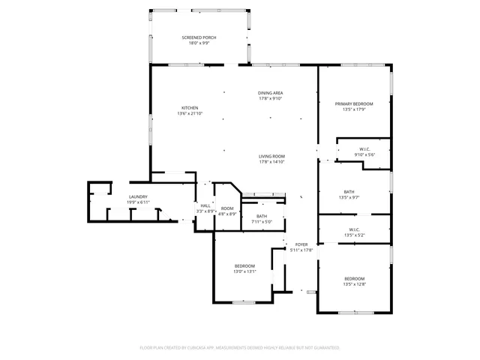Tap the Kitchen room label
(x=190, y=108)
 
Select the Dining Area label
(x=271, y=93)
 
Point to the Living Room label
(x=271, y=156)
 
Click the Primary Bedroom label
(x=353, y=104)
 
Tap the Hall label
(x=205, y=206)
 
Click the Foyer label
(x=301, y=244)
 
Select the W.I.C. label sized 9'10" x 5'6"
(x=364, y=149)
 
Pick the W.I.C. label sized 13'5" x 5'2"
(x=354, y=229)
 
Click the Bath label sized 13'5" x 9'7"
(x=349, y=192)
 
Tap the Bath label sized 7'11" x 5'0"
(x=261, y=216)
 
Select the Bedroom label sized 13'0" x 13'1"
(x=245, y=266)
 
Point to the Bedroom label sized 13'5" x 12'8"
(x=354, y=279)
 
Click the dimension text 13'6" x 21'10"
(x=190, y=113)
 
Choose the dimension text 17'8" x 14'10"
(x=271, y=161)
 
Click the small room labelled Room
(x=227, y=208)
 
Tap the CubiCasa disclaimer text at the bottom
(x=240, y=348)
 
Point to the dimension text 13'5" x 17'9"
(x=353, y=109)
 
